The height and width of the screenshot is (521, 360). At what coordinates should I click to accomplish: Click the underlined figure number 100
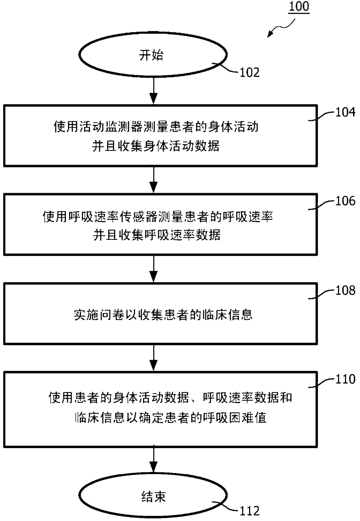coord(299,6)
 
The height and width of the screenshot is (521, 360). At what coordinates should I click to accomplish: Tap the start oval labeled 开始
coord(153,55)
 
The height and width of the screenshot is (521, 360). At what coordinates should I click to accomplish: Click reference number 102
coord(249,72)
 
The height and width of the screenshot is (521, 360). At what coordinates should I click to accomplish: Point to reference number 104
coord(345,112)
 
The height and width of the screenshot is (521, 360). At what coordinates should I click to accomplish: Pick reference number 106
coord(345,201)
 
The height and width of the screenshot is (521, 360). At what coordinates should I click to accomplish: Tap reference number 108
coord(345,290)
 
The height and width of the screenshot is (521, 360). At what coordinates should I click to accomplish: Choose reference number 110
coord(345,379)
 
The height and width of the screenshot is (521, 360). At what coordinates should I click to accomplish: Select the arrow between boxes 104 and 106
coord(153,179)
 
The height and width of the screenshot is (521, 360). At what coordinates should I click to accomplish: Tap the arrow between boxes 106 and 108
coord(153,268)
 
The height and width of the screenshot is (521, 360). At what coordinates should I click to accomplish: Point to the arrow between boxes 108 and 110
coord(153,357)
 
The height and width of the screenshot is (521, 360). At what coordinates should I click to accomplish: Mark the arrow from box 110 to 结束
coord(153,460)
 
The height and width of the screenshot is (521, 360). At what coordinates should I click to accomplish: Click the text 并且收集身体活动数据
coord(156,146)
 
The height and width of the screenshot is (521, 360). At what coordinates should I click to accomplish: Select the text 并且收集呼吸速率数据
coord(157,235)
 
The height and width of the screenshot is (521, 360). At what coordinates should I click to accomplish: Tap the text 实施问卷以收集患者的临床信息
coord(163,315)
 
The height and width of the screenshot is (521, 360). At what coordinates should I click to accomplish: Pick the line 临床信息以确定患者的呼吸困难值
coord(171,418)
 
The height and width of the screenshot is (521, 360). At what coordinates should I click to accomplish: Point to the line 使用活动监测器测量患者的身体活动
coord(156,127)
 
